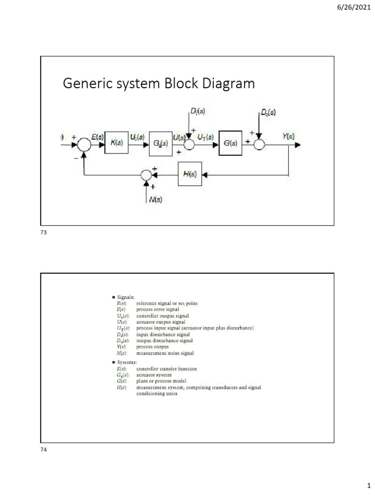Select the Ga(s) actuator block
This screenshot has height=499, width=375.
coord(161,144)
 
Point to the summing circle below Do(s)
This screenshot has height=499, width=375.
coord(259,145)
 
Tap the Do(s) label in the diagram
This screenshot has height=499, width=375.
coord(267,112)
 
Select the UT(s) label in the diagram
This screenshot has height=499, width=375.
coord(205,137)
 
